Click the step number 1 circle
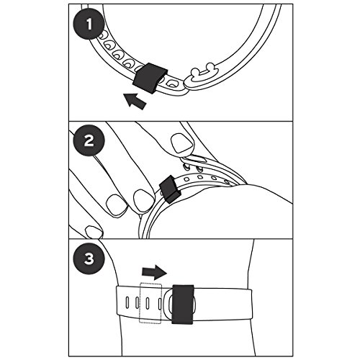[x=89, y=24]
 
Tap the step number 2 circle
[x=89, y=140]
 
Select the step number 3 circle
[x=89, y=258]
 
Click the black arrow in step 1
[x=135, y=101]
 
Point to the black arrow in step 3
[x=154, y=272]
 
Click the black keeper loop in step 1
[x=150, y=77]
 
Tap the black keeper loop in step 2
[x=169, y=189]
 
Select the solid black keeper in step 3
[x=183, y=305]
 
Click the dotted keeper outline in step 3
[x=150, y=303]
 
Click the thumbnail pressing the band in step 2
[x=181, y=143]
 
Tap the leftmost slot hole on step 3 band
[x=127, y=302]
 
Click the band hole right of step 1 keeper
[x=171, y=84]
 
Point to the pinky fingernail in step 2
[x=94, y=232]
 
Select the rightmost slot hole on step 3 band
[x=160, y=303]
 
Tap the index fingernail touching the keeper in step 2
[x=144, y=201]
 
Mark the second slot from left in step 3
[x=137, y=302]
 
